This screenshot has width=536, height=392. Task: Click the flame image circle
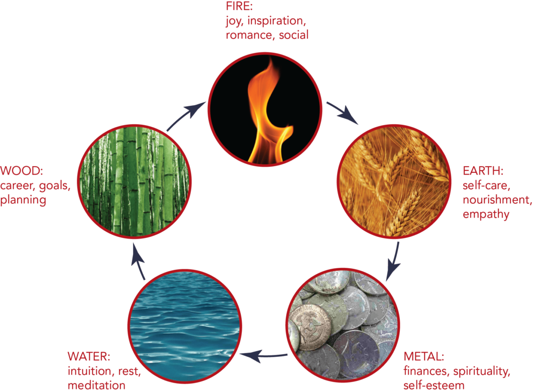(265, 109)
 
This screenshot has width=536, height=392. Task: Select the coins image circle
(342, 325)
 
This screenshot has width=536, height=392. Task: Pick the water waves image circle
(185, 326)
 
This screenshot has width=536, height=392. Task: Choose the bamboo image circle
(135, 181)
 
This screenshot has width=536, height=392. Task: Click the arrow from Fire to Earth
(342, 113)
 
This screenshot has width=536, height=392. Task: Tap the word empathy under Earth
(486, 215)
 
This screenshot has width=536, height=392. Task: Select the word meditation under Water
(96, 385)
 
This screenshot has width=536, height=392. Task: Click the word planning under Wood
(23, 200)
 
